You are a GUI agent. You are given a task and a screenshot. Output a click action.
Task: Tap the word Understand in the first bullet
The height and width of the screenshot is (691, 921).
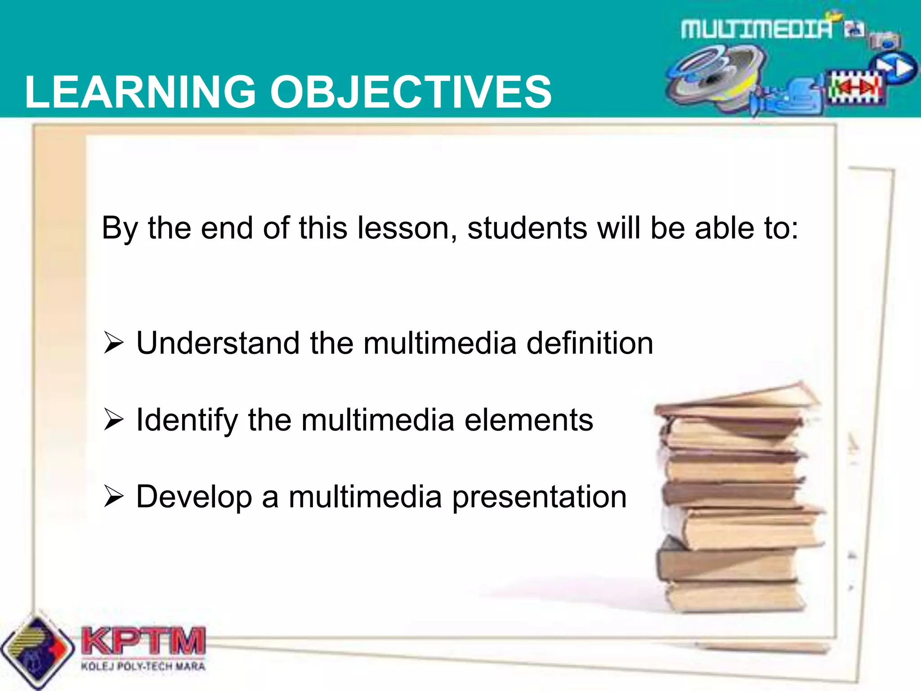pos(218,343)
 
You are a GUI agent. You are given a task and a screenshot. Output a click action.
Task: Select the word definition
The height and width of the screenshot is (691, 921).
pos(590,343)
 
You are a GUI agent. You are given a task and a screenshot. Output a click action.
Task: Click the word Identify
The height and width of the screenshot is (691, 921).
pos(187,421)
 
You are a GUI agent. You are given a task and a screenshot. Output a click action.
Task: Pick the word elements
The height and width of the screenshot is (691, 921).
pos(528,421)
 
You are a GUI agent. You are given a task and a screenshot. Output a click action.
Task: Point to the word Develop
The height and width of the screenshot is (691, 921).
pos(194,498)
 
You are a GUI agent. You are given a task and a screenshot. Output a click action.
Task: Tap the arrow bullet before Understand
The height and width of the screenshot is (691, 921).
pos(113,343)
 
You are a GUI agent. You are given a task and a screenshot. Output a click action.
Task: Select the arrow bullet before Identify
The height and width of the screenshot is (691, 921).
pos(113,420)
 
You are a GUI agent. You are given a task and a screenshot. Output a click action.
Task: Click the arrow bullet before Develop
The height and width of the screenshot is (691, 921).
pos(113,497)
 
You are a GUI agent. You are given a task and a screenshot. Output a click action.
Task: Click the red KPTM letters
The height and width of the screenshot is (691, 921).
pos(143,641)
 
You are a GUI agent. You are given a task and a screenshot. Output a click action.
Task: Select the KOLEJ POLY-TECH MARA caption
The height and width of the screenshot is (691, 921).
pos(143,666)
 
